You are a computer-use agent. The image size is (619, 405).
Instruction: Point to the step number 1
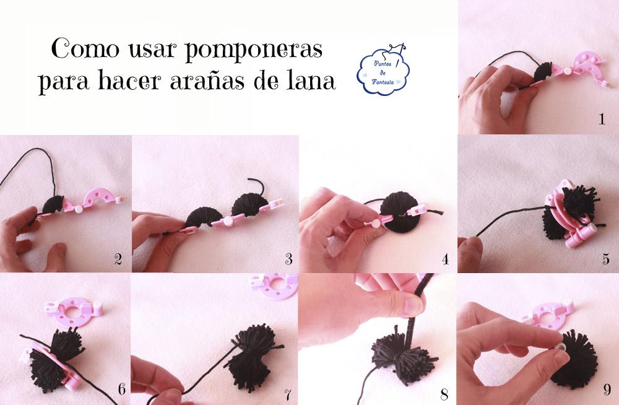pyautogui.click(x=601, y=120)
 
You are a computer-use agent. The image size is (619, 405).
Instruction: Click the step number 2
pyautogui.click(x=118, y=259)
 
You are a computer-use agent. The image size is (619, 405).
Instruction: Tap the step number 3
pyautogui.click(x=285, y=259)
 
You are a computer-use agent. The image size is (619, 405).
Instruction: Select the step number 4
pyautogui.click(x=444, y=259)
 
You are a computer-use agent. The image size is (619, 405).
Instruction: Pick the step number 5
pyautogui.click(x=605, y=259)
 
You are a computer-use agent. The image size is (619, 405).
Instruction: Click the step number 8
pyautogui.click(x=444, y=391)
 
